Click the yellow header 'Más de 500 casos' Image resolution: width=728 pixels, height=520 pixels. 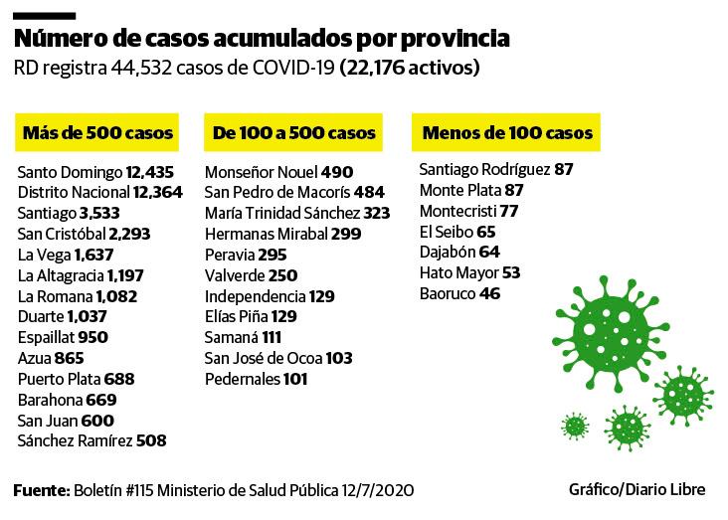(97, 132)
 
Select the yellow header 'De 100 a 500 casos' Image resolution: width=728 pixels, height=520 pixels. (294, 132)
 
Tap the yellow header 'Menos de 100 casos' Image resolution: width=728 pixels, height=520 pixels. (507, 132)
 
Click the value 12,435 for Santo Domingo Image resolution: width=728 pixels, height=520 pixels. (156, 171)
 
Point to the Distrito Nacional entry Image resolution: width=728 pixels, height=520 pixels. (99, 192)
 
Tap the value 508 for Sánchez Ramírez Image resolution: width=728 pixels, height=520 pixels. (151, 440)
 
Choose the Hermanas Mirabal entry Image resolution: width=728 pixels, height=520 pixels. (269, 234)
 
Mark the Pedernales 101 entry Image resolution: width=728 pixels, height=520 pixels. (257, 379)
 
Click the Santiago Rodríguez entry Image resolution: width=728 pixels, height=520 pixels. (495, 169)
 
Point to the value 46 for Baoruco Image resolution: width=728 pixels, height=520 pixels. (489, 294)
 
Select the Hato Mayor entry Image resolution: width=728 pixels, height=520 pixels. (469, 272)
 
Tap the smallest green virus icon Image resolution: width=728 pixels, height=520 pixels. (575, 427)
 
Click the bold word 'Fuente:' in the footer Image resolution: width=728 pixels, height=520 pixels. (40, 491)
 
